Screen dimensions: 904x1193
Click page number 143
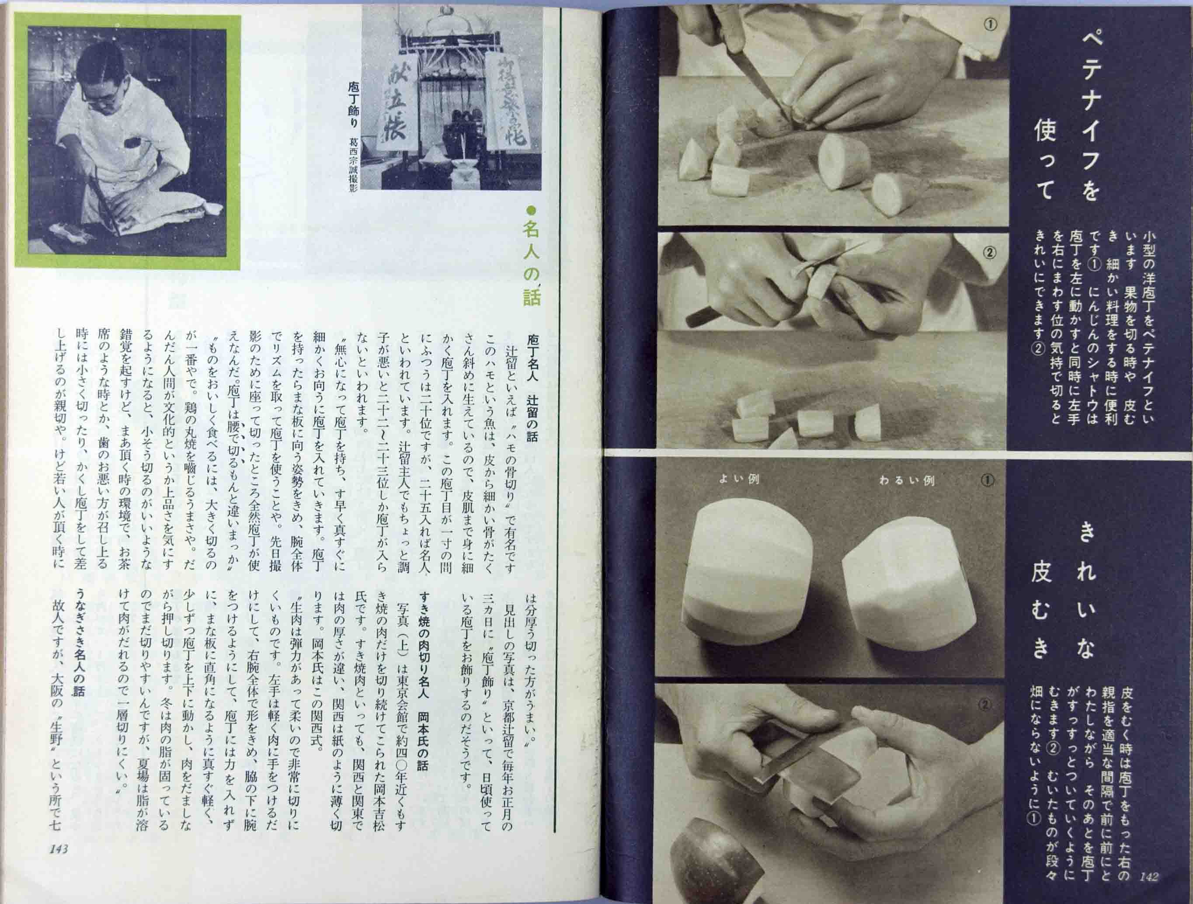click(x=58, y=849)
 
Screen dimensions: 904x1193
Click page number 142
click(x=1148, y=877)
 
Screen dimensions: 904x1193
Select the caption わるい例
click(x=906, y=480)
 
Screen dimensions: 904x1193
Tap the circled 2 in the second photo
click(x=990, y=252)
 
